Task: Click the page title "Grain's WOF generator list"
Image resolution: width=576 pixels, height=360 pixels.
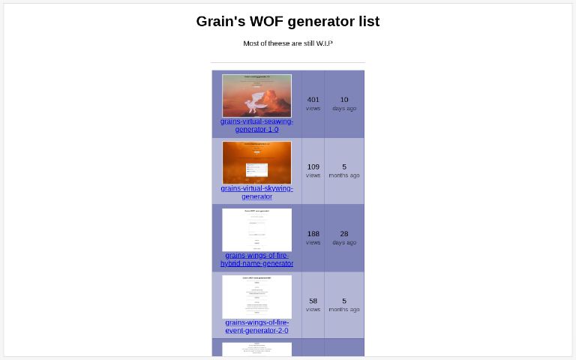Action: [x=287, y=21]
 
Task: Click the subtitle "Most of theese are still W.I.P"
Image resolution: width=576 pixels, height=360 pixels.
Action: [x=287, y=43]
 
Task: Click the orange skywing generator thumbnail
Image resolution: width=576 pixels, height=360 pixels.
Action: [x=256, y=163]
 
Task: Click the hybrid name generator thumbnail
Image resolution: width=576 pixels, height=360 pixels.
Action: [x=256, y=229]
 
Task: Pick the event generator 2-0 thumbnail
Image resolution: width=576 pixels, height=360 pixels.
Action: [x=256, y=296]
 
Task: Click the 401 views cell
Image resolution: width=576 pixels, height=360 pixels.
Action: [x=313, y=103]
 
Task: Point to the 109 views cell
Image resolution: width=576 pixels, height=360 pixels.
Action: [x=313, y=170]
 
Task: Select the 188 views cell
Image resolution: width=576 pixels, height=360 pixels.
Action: [x=313, y=238]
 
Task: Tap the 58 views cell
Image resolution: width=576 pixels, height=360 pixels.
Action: [x=313, y=304]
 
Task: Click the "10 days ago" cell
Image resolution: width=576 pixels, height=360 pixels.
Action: [x=344, y=103]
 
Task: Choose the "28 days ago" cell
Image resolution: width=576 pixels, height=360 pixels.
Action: [x=344, y=238]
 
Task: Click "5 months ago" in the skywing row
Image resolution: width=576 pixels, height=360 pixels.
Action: [x=344, y=170]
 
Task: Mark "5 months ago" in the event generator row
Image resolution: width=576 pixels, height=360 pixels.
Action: [x=344, y=304]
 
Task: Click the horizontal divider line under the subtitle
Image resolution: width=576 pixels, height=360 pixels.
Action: [x=287, y=62]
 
